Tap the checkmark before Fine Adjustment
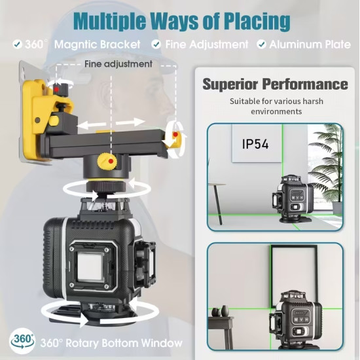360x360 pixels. coord(156,44)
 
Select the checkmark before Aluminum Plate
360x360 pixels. coord(261,44)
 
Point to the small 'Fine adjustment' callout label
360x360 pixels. coord(118,64)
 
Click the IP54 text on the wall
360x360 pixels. coord(255,144)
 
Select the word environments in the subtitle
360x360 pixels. coord(276,111)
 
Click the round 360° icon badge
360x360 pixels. coord(22,340)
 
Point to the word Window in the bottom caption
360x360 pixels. coord(162,343)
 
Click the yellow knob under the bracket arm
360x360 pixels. coord(107,162)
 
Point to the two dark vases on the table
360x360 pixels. coord(220,312)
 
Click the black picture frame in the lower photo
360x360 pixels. coord(294,276)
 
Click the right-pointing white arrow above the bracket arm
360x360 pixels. coord(130,122)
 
